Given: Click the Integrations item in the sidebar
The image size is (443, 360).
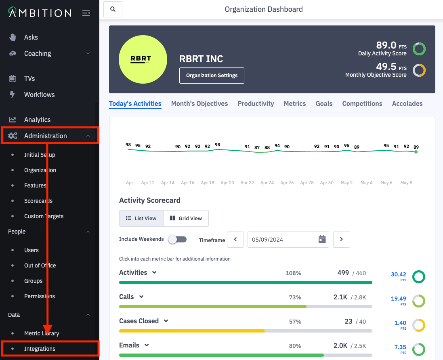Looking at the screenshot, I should (40, 349).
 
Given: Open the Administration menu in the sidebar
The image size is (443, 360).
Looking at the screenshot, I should (45, 136).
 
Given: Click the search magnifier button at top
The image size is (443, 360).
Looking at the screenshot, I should (113, 9).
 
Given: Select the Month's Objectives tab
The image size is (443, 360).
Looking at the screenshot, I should (199, 103).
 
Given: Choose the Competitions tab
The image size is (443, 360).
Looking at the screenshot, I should (362, 103).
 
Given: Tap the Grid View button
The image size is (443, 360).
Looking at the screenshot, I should (186, 218).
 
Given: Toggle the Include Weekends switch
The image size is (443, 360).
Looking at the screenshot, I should (177, 239).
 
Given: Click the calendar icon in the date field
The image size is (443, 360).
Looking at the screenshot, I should (322, 239).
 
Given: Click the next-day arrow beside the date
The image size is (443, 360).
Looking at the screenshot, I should (341, 239).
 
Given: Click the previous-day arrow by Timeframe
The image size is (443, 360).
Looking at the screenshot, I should (235, 239).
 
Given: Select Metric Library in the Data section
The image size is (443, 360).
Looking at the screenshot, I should (42, 333).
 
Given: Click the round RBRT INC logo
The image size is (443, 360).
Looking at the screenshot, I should (143, 59).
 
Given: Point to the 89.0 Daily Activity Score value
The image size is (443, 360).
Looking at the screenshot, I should (386, 45).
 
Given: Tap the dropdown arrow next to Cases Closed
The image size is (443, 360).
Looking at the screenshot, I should (166, 321).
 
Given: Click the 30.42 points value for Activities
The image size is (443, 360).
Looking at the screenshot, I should (398, 275).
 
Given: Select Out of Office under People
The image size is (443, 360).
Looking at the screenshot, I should (40, 265).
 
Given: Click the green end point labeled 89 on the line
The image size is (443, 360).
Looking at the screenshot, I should (416, 152).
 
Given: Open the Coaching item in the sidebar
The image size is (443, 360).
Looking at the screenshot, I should (38, 53).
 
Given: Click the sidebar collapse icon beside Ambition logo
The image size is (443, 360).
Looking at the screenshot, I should (86, 13).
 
